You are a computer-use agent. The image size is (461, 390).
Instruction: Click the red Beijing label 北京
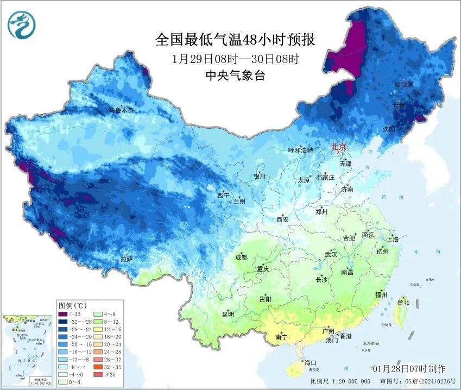pos(339,146)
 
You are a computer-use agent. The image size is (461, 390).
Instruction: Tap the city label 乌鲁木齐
pos(121,110)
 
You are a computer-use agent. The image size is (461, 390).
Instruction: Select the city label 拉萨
pos(127,259)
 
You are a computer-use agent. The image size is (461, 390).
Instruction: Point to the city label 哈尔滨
pos(403,85)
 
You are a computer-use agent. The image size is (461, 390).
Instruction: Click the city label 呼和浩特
pos(300,150)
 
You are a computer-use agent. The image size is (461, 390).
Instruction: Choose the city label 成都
pos(241,257)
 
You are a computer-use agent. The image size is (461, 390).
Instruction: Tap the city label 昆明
pos(228,314)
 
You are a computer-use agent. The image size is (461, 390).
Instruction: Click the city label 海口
pos(311,362)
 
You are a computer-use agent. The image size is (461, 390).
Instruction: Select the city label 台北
pos(403,301)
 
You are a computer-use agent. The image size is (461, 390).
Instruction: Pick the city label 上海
pos(393,240)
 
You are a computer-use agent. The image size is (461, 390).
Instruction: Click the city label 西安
pos(283,219)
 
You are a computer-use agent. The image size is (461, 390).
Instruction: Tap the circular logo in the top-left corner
pos(21,25)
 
